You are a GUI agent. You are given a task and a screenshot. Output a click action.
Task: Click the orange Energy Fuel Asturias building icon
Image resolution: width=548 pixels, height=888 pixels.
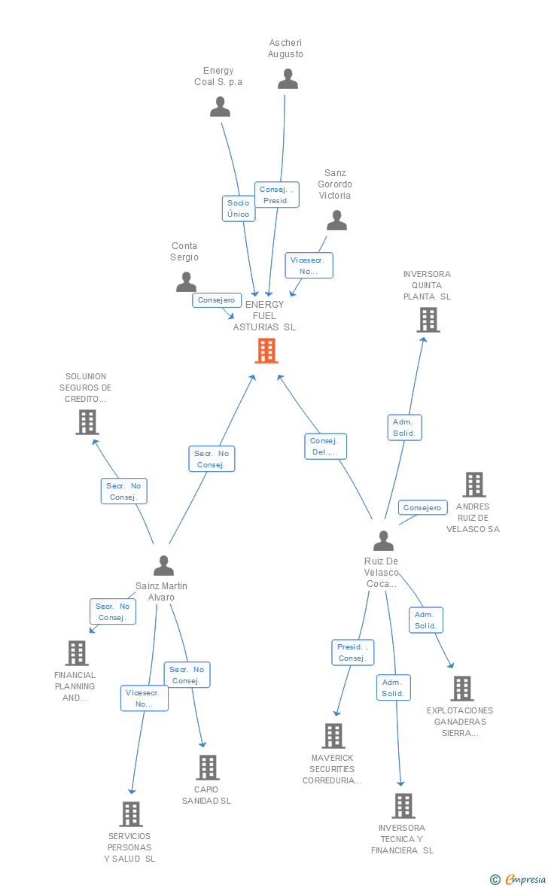(266, 351)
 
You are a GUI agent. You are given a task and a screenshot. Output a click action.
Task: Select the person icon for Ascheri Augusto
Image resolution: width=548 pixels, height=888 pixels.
(288, 79)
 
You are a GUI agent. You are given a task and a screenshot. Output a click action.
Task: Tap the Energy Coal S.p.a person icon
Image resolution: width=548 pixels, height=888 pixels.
(220, 107)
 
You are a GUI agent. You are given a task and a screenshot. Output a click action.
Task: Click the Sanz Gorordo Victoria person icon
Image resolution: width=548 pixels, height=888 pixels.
(336, 220)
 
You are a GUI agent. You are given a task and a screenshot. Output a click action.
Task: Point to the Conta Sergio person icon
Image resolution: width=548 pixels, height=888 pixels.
(186, 281)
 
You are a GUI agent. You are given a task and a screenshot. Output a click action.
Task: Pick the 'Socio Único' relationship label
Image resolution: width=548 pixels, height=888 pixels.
(239, 208)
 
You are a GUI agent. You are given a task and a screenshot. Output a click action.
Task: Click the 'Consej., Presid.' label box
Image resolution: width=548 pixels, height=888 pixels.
(276, 195)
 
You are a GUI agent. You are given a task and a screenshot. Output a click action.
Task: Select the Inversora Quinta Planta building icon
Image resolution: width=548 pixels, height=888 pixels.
(428, 320)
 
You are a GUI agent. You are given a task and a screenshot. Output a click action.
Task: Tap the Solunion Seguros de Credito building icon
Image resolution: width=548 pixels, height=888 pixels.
(87, 422)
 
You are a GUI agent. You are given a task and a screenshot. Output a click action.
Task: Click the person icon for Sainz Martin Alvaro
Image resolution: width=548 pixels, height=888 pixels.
(163, 565)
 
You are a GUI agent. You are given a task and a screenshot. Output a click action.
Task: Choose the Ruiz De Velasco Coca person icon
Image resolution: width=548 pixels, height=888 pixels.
(383, 540)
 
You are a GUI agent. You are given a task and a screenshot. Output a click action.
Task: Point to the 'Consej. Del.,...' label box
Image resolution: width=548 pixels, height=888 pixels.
(326, 446)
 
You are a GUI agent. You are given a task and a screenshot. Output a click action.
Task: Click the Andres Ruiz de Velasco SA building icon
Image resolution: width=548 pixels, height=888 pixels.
(473, 485)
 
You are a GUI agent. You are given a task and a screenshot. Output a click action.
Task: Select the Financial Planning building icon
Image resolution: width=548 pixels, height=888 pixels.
(77, 653)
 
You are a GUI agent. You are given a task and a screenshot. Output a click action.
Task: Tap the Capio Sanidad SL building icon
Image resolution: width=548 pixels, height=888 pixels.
(207, 768)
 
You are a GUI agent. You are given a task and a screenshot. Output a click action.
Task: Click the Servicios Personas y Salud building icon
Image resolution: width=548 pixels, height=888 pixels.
(131, 814)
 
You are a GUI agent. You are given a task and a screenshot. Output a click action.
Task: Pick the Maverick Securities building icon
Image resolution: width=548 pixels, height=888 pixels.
(333, 736)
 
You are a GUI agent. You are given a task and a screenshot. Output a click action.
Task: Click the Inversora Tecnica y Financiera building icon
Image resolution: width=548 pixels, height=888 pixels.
(403, 806)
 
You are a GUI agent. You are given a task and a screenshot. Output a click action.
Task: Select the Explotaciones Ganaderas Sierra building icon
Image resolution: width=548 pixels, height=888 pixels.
(461, 689)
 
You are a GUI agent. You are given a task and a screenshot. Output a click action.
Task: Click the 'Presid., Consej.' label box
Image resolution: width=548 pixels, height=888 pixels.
(352, 652)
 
